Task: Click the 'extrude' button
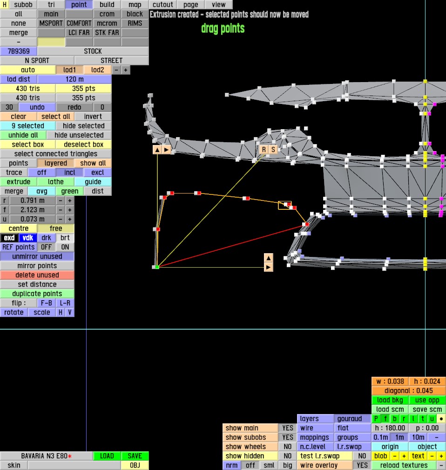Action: coord(19,182)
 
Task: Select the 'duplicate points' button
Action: coord(37,294)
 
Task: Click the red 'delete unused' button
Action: coord(37,275)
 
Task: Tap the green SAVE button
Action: coord(135,456)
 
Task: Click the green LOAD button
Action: coord(107,456)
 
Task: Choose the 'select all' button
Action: coord(55,117)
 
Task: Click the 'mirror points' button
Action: coord(37,266)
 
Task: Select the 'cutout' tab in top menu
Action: coord(163,5)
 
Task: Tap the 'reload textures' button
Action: coord(404,465)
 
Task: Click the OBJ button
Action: coord(135,465)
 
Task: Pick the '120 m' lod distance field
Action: coord(74,79)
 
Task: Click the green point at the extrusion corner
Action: coord(157,267)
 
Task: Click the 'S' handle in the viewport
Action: coord(273,149)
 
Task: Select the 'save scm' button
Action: coord(427,409)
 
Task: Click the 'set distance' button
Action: coord(37,284)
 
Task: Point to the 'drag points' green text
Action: coord(223,28)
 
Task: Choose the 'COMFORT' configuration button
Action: coord(79,23)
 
